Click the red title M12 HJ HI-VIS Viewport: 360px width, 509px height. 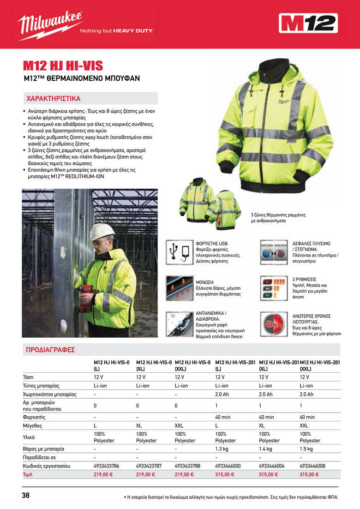point(63,66)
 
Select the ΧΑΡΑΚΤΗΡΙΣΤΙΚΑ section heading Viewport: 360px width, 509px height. point(54,98)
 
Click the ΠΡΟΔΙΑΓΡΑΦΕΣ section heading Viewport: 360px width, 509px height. point(50,349)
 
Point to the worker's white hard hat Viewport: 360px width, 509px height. point(102,231)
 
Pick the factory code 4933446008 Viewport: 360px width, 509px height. point(312,466)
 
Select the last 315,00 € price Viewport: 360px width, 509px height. point(310,474)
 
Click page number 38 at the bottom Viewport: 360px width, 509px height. point(26,496)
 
